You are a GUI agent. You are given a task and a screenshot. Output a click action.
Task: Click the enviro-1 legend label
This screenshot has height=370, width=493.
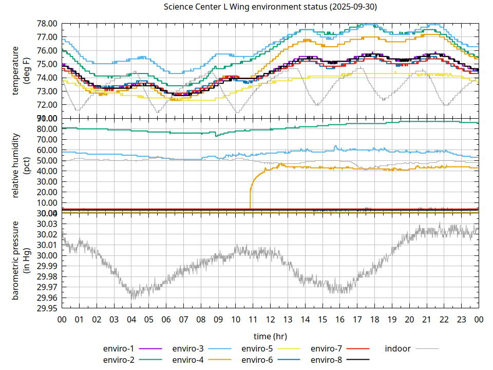point(119,349)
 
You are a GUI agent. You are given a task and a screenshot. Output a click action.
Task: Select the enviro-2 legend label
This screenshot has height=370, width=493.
point(119,360)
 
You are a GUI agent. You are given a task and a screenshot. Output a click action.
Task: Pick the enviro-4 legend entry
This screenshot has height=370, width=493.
point(188,360)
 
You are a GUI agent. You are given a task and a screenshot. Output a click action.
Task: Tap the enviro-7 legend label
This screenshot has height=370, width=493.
point(327,349)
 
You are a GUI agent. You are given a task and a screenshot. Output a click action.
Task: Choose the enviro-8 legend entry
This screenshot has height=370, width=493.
point(327,360)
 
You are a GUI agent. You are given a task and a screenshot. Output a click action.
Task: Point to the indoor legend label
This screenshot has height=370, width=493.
point(397,349)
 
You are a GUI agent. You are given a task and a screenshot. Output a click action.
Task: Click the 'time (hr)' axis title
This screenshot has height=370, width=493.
point(270,336)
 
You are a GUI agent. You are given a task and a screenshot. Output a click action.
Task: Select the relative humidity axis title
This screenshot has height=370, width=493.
point(21,164)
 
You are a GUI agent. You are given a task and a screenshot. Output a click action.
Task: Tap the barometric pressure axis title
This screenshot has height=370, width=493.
point(21,261)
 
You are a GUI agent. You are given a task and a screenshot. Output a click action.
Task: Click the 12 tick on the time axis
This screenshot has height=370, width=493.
point(270,319)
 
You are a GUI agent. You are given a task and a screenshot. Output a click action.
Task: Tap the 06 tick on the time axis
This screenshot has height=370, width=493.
point(166,319)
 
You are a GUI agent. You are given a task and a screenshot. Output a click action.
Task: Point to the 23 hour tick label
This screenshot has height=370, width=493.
point(461,319)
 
